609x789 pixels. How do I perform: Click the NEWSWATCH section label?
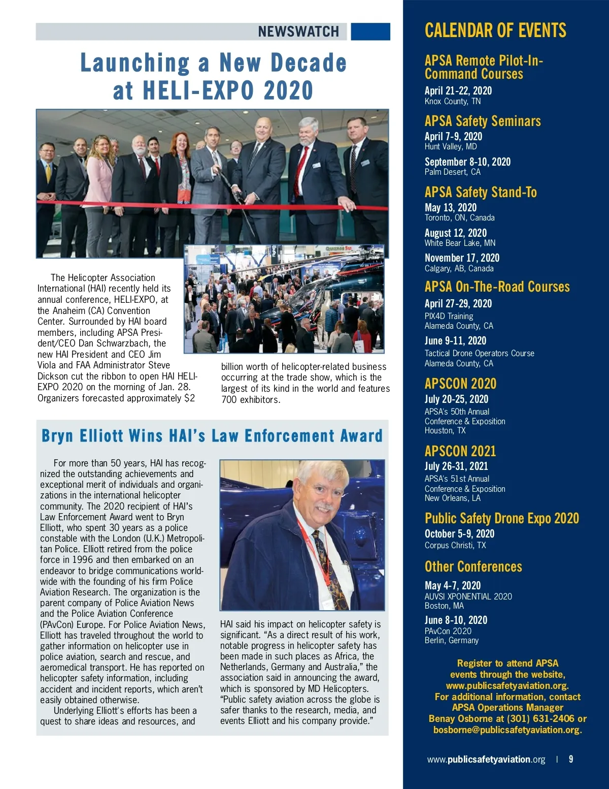click(x=298, y=31)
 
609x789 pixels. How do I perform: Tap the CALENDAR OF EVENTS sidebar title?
click(x=495, y=30)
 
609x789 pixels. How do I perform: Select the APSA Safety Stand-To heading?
click(x=481, y=192)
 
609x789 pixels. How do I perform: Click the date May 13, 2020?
click(x=451, y=207)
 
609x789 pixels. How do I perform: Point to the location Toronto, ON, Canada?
click(x=459, y=217)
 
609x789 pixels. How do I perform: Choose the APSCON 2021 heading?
click(x=460, y=451)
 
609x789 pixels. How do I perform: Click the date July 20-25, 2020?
click(x=456, y=399)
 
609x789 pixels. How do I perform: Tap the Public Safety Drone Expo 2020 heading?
click(x=501, y=518)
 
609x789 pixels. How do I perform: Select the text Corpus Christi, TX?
click(x=455, y=545)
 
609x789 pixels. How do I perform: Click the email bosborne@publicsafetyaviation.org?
click(x=507, y=730)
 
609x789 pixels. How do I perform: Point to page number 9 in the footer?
click(x=571, y=759)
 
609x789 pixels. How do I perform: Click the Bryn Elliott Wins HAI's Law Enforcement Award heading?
click(x=212, y=436)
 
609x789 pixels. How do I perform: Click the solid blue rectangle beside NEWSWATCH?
click(x=370, y=31)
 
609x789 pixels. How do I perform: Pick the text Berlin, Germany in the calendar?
click(x=451, y=640)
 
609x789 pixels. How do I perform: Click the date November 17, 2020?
click(x=462, y=258)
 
